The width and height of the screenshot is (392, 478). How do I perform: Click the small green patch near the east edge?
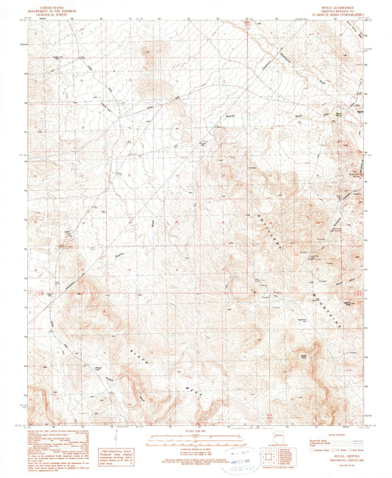(x=339, y=114)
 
